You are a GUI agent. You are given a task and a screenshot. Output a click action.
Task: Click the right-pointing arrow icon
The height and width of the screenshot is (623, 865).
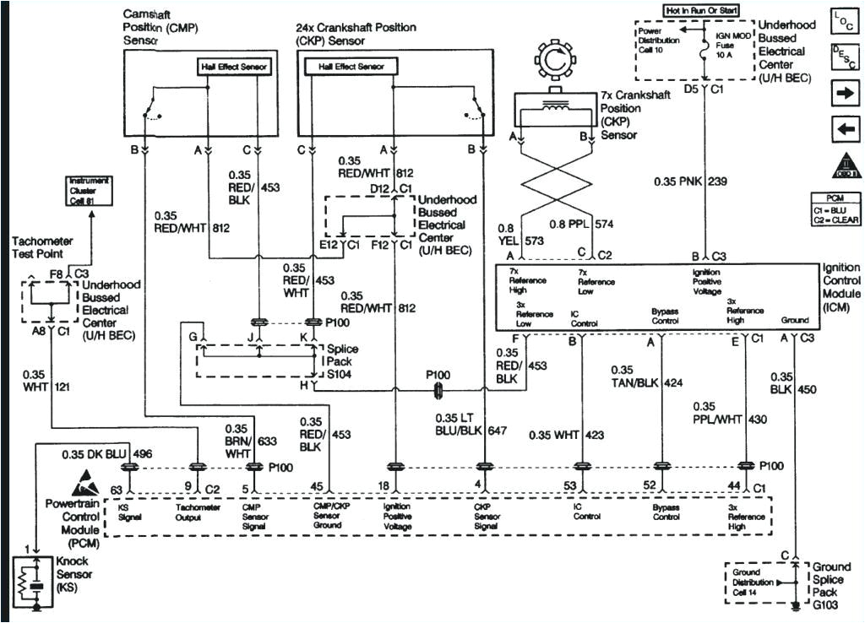point(843,93)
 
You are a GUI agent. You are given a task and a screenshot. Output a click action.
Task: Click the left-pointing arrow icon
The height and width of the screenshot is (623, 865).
point(843,129)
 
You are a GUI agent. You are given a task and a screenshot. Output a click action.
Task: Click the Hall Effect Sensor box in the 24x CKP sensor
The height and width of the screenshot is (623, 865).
point(351,67)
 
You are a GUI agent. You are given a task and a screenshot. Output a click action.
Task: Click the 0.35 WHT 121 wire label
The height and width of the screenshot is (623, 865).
point(49,380)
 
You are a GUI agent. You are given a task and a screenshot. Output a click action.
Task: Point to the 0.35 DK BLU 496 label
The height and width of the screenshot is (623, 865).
point(95,454)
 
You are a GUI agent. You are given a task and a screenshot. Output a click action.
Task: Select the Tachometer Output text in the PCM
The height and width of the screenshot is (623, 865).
point(198,512)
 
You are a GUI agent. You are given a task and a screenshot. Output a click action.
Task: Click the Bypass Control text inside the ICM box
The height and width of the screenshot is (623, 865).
point(666,317)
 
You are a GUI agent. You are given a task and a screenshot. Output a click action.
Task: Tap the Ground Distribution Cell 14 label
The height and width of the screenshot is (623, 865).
point(753,582)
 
